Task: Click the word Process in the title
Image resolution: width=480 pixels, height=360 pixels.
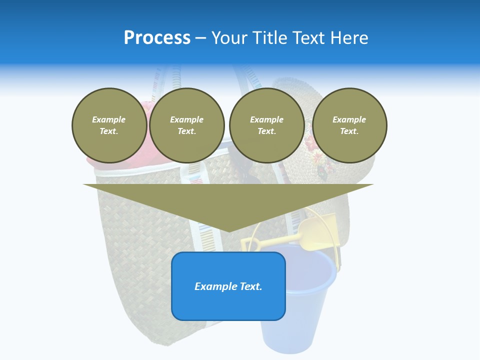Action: [157, 38]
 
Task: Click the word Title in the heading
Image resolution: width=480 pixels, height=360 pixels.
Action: [269, 38]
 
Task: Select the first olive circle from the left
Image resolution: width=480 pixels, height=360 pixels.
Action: [109, 125]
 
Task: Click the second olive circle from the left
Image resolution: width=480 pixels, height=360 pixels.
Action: [187, 125]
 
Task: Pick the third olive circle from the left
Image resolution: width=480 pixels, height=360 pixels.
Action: [266, 125]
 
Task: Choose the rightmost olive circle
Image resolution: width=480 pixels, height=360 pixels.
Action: [349, 125]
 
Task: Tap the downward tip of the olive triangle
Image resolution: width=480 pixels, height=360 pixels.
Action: [229, 229]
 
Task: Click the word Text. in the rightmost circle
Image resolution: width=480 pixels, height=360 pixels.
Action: [349, 131]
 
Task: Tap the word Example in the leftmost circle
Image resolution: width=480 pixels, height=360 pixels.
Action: [109, 119]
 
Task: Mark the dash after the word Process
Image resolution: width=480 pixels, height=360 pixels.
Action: [200, 38]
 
